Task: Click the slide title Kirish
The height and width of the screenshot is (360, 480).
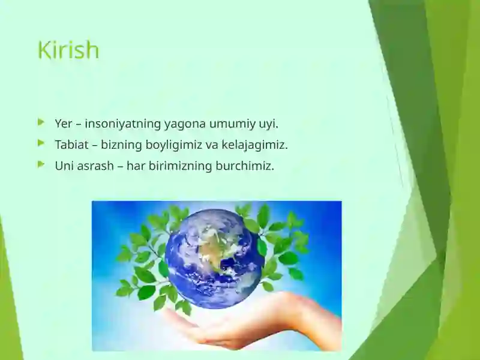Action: point(68,50)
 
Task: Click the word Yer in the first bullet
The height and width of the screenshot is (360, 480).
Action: point(64,124)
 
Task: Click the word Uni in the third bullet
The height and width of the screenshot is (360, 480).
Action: point(64,166)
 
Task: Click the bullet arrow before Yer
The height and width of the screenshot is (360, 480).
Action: point(41,122)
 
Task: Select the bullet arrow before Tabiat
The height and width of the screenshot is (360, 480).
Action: point(41,143)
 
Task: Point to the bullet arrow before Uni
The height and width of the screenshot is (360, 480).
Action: point(41,164)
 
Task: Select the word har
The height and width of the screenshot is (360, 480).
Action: point(136,166)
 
